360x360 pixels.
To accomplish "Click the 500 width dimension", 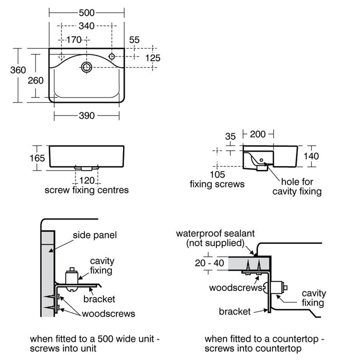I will tap(87, 13).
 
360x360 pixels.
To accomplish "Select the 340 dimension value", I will tap(87, 26).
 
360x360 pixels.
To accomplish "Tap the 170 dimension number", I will tap(74, 39).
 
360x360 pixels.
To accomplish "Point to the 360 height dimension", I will tap(18, 70).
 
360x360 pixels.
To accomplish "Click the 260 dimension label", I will tap(36, 80).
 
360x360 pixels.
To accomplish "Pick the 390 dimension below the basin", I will tap(87, 116).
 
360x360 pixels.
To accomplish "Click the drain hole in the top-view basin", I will tap(87, 67).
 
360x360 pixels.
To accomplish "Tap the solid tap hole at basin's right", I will tap(112, 57).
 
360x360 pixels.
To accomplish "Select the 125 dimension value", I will tap(153, 58).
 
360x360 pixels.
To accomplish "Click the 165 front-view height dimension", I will tap(38, 158).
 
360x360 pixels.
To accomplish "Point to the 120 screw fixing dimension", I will tap(87, 180).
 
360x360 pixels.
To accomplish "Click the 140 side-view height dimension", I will tap(311, 156).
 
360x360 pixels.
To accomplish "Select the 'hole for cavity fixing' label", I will tap(297, 186).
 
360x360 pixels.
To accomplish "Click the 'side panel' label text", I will tap(95, 235).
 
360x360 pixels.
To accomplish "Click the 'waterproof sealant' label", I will tap(215, 234).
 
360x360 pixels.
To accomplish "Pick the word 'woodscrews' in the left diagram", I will tap(109, 314).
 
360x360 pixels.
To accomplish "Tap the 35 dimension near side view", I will tap(230, 136).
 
